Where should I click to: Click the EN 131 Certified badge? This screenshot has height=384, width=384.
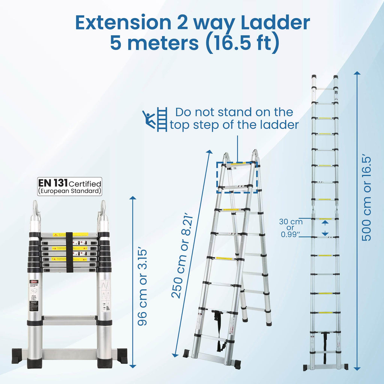click(x=70, y=186)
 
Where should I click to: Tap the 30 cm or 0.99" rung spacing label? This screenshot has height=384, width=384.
click(x=291, y=228)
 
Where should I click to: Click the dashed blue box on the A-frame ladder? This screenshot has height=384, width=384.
click(x=237, y=177)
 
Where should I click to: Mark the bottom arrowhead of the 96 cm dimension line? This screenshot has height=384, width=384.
click(x=132, y=366)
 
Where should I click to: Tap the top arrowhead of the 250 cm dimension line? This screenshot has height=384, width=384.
click(x=210, y=152)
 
